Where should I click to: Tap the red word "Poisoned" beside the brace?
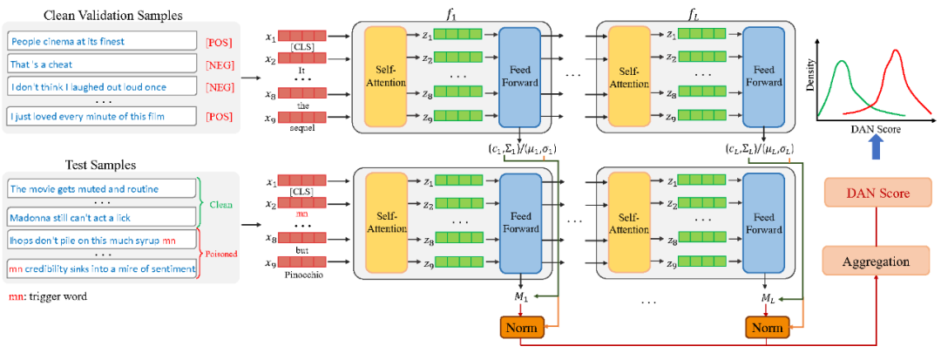pos(223,255)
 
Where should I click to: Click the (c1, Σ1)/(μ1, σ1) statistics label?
pos(521,149)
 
